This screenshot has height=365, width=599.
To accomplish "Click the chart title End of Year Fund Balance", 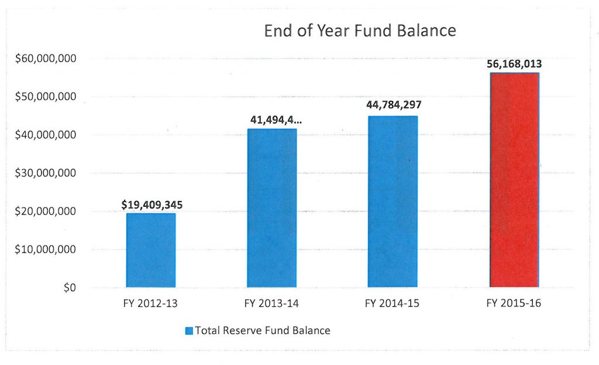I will pyautogui.click(x=360, y=31).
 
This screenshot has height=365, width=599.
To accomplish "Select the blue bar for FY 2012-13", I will pyautogui.click(x=150, y=250).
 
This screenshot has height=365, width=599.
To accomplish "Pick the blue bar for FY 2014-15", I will pyautogui.click(x=392, y=202).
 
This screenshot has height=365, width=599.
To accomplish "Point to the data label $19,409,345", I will pyautogui.click(x=152, y=205).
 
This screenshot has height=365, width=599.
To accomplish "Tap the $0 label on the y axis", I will pyautogui.click(x=70, y=288).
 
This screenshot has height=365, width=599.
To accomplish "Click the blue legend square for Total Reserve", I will pyautogui.click(x=189, y=331).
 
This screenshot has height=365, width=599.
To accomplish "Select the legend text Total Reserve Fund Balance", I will pyautogui.click(x=263, y=330).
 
